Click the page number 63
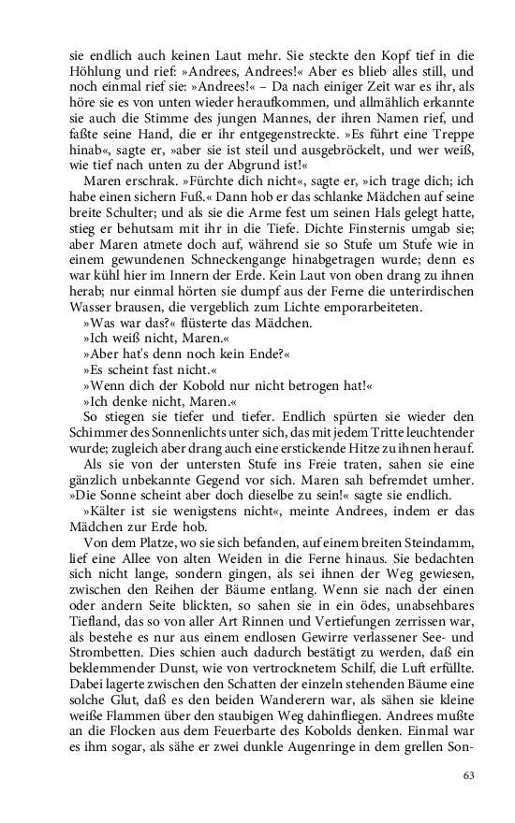471,774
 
